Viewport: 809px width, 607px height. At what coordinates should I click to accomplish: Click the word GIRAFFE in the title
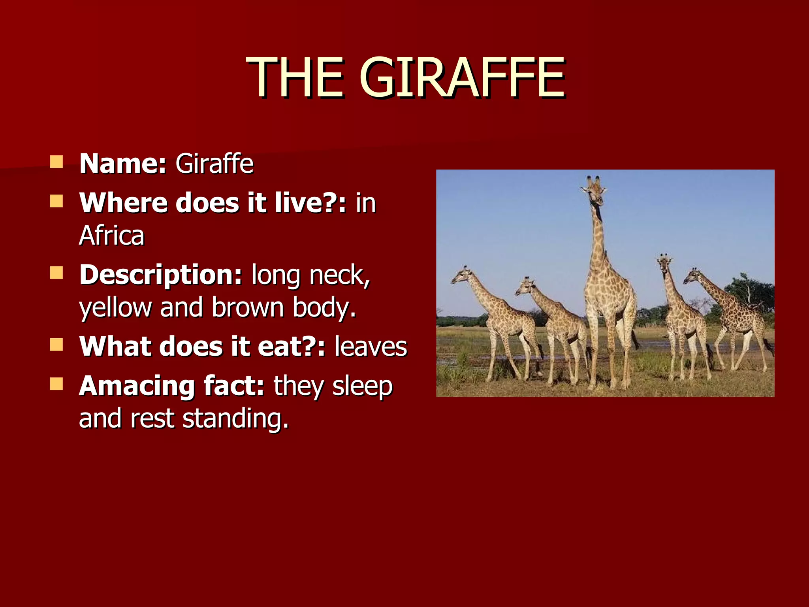462,77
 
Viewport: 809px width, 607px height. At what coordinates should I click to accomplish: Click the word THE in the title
295,77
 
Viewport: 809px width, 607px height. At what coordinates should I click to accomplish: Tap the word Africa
112,236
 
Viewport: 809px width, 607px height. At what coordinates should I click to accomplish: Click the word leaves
371,347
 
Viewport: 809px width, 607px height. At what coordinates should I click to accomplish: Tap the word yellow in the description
115,307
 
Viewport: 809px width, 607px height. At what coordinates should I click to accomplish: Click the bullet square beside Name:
56,162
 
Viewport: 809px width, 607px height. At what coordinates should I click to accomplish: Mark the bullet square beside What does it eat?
56,345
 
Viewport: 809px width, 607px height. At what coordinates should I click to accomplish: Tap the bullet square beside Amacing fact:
56,384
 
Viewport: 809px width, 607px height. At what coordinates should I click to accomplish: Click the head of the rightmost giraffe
692,276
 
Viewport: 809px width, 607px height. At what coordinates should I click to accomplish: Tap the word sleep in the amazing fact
362,386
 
